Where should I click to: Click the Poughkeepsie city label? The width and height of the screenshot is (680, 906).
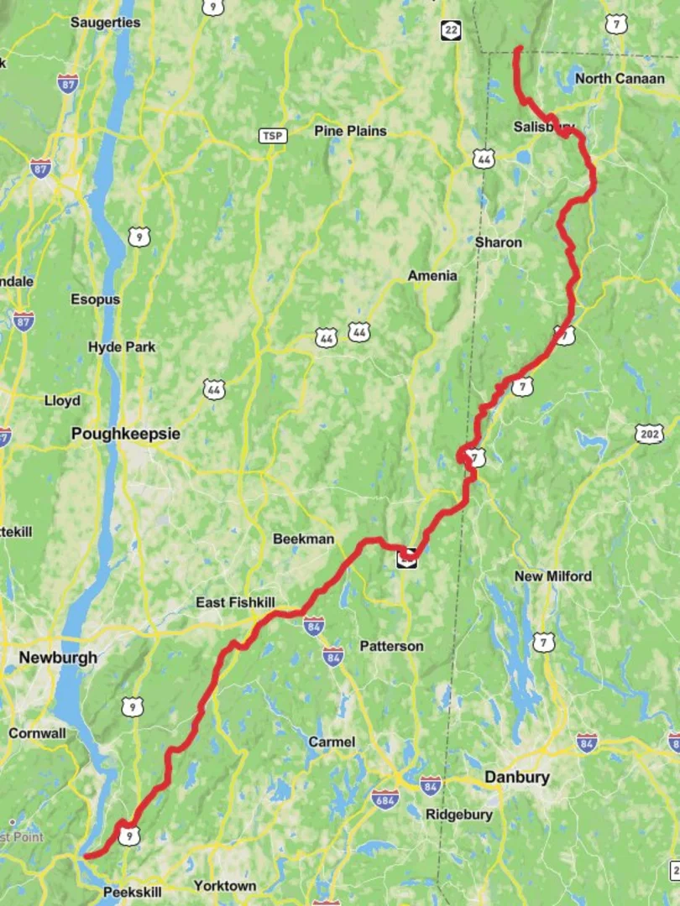[x=125, y=435]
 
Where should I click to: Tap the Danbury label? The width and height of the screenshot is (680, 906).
[x=517, y=777]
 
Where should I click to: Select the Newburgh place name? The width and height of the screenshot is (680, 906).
[x=58, y=658]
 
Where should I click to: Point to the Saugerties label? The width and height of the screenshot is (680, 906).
[x=105, y=23]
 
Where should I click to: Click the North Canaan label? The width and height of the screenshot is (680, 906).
[x=620, y=79]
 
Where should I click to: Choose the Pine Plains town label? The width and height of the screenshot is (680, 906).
[x=350, y=131]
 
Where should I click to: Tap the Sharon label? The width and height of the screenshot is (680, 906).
[x=498, y=242]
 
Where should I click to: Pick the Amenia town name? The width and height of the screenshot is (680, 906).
[x=432, y=276]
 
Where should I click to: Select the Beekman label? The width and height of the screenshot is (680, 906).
[x=303, y=539]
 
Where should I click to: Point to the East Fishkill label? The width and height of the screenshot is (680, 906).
[x=235, y=602]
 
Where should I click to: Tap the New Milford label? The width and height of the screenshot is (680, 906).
[x=552, y=576]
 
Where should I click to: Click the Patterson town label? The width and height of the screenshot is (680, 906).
[x=391, y=647]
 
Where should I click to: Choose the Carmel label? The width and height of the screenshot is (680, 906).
[x=332, y=742]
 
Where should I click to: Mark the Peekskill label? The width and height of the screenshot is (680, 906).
[x=132, y=892]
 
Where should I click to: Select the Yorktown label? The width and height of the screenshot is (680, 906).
[x=225, y=886]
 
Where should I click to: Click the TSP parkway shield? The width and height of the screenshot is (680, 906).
[x=272, y=136]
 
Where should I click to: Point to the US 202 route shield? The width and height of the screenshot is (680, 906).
[x=650, y=434]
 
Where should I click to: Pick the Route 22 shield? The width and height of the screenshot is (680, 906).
[x=452, y=30]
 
